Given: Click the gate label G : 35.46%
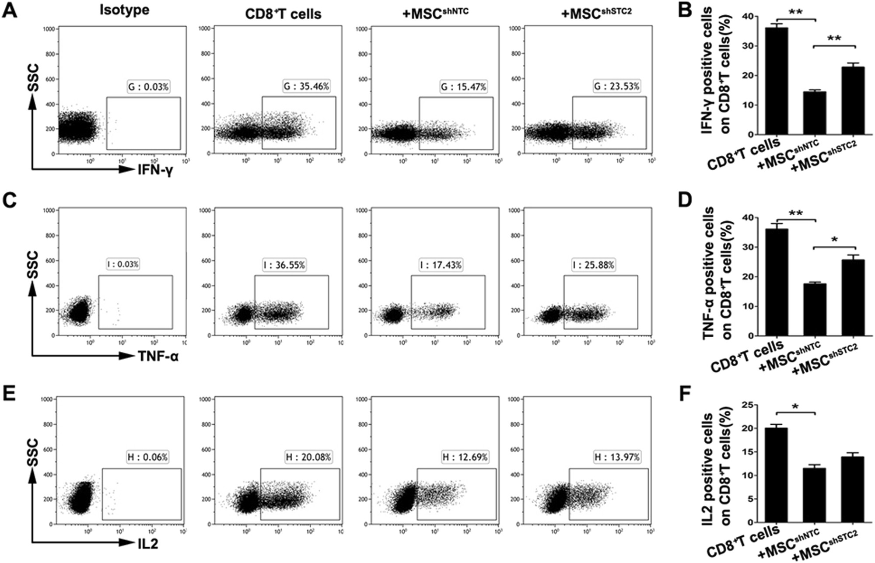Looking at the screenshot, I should pos(306,86).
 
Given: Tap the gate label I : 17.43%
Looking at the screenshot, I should pos(441,265).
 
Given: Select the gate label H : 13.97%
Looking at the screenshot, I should pos(617,457).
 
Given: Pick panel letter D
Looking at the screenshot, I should pos(685,200).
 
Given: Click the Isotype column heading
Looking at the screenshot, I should pos(124,10).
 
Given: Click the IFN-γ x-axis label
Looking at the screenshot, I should pos(155,170).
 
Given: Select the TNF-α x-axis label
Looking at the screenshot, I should pos(158,357).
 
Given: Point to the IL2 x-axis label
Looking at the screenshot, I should pos(148,544).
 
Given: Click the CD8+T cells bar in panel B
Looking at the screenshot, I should pos(777,81).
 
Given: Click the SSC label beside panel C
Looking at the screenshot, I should pos(32,265).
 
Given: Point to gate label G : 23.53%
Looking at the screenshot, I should pos(616,86).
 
